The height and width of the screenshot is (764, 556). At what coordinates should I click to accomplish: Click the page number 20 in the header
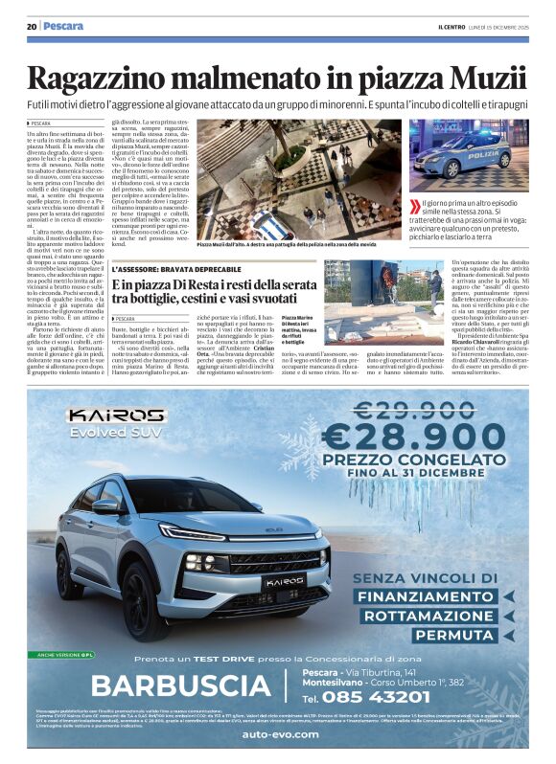pos(32,26)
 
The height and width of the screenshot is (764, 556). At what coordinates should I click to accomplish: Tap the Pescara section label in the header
pos(63,26)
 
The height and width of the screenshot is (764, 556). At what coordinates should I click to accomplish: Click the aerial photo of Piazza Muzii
pos(298,178)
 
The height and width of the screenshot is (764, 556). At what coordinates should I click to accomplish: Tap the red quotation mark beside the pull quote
pos(414,206)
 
